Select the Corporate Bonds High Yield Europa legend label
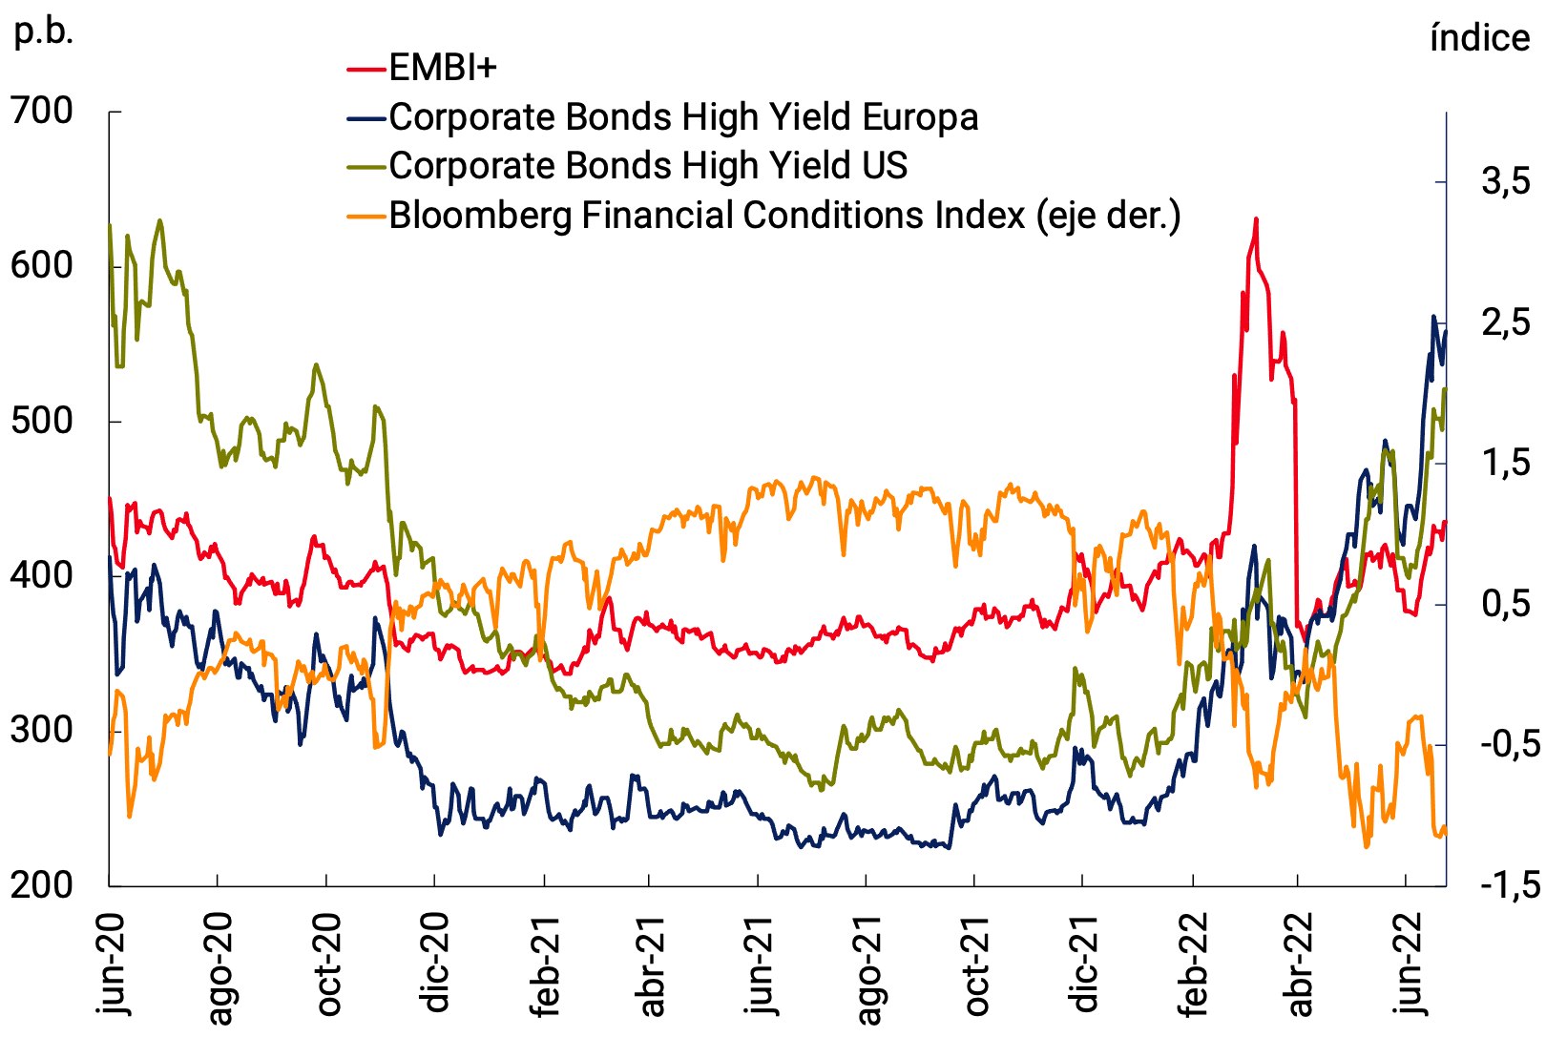tap(683, 116)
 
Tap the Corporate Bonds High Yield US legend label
tap(648, 166)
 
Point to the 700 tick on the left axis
tap(42, 112)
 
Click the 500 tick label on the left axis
tap(42, 421)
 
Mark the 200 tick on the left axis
tap(42, 885)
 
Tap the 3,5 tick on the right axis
tap(1505, 181)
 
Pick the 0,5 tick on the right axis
tap(1505, 604)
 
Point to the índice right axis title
tap(1479, 38)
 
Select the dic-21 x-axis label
tap(1085, 964)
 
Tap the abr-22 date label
tap(1300, 964)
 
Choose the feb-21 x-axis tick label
tap(545, 964)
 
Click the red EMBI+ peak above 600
tap(1256, 219)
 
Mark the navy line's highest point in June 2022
tap(1433, 317)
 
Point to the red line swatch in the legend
tap(366, 69)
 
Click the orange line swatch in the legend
tap(366, 216)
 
